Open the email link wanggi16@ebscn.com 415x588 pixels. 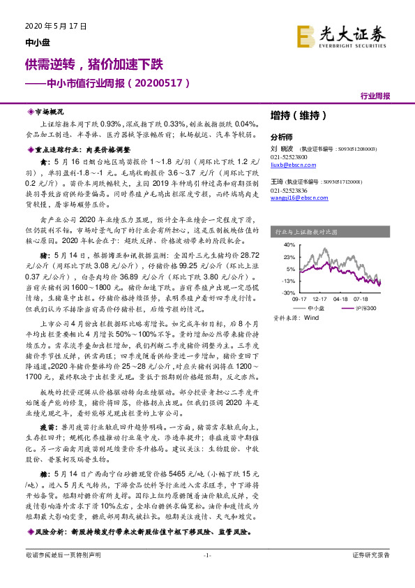click(x=294, y=198)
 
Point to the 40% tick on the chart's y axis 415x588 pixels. click(x=288, y=245)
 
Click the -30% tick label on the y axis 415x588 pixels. click(x=287, y=293)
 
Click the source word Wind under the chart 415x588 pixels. click(x=307, y=317)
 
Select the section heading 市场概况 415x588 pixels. click(x=48, y=111)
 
